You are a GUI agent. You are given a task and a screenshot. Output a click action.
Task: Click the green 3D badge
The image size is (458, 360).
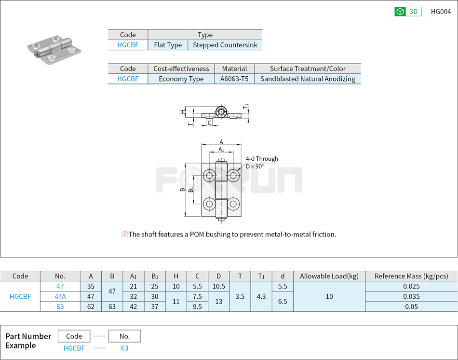[408, 12]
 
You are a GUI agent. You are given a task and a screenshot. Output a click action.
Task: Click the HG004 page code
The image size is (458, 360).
[441, 12]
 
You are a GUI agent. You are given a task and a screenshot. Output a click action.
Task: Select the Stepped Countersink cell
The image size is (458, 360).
[225, 45]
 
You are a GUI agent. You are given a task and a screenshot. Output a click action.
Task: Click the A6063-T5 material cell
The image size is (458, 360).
[234, 79]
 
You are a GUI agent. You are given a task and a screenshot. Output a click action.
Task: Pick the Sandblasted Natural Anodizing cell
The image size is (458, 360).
[308, 79]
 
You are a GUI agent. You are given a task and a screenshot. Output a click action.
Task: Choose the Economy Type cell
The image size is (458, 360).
[181, 79]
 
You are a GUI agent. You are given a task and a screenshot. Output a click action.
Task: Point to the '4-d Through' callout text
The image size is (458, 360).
[262, 159]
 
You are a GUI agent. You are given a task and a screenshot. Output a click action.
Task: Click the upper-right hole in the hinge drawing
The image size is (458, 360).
[234, 174]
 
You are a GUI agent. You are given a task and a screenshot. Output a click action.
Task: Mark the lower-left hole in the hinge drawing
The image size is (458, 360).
[209, 204]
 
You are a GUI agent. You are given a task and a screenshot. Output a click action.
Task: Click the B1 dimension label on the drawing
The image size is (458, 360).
[191, 189]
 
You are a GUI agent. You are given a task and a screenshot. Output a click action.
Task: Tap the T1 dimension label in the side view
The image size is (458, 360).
[246, 106]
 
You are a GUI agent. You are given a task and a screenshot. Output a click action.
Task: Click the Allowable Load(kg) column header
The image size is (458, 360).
[329, 276]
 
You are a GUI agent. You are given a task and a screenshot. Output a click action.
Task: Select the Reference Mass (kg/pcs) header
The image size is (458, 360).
[411, 276]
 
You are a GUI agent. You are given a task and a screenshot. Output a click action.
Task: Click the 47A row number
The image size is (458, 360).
[60, 296]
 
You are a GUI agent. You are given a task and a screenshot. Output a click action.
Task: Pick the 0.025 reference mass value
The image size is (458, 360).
[411, 286]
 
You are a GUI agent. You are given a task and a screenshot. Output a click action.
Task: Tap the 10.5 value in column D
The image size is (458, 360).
[218, 286]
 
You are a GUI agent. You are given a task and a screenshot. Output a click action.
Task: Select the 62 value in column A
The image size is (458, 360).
[91, 306]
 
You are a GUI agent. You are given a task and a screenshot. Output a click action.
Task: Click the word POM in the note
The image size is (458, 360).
[197, 235]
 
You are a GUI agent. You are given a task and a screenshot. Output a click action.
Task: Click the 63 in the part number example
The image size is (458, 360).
[124, 348]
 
